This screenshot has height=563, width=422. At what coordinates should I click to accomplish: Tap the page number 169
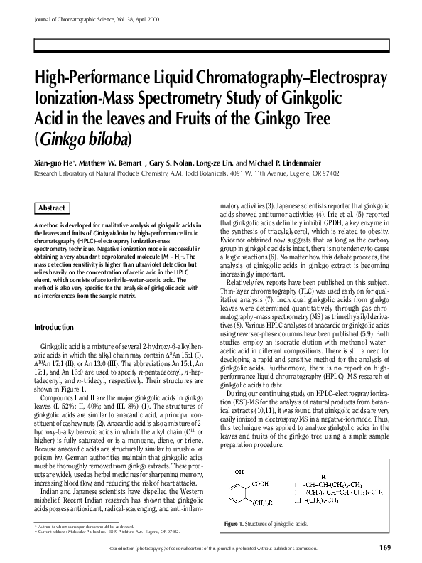385,547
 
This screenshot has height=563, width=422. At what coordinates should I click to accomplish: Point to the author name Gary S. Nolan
173,162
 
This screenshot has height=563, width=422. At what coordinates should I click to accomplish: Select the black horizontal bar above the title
210,45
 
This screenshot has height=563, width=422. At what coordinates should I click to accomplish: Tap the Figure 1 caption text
266,503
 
